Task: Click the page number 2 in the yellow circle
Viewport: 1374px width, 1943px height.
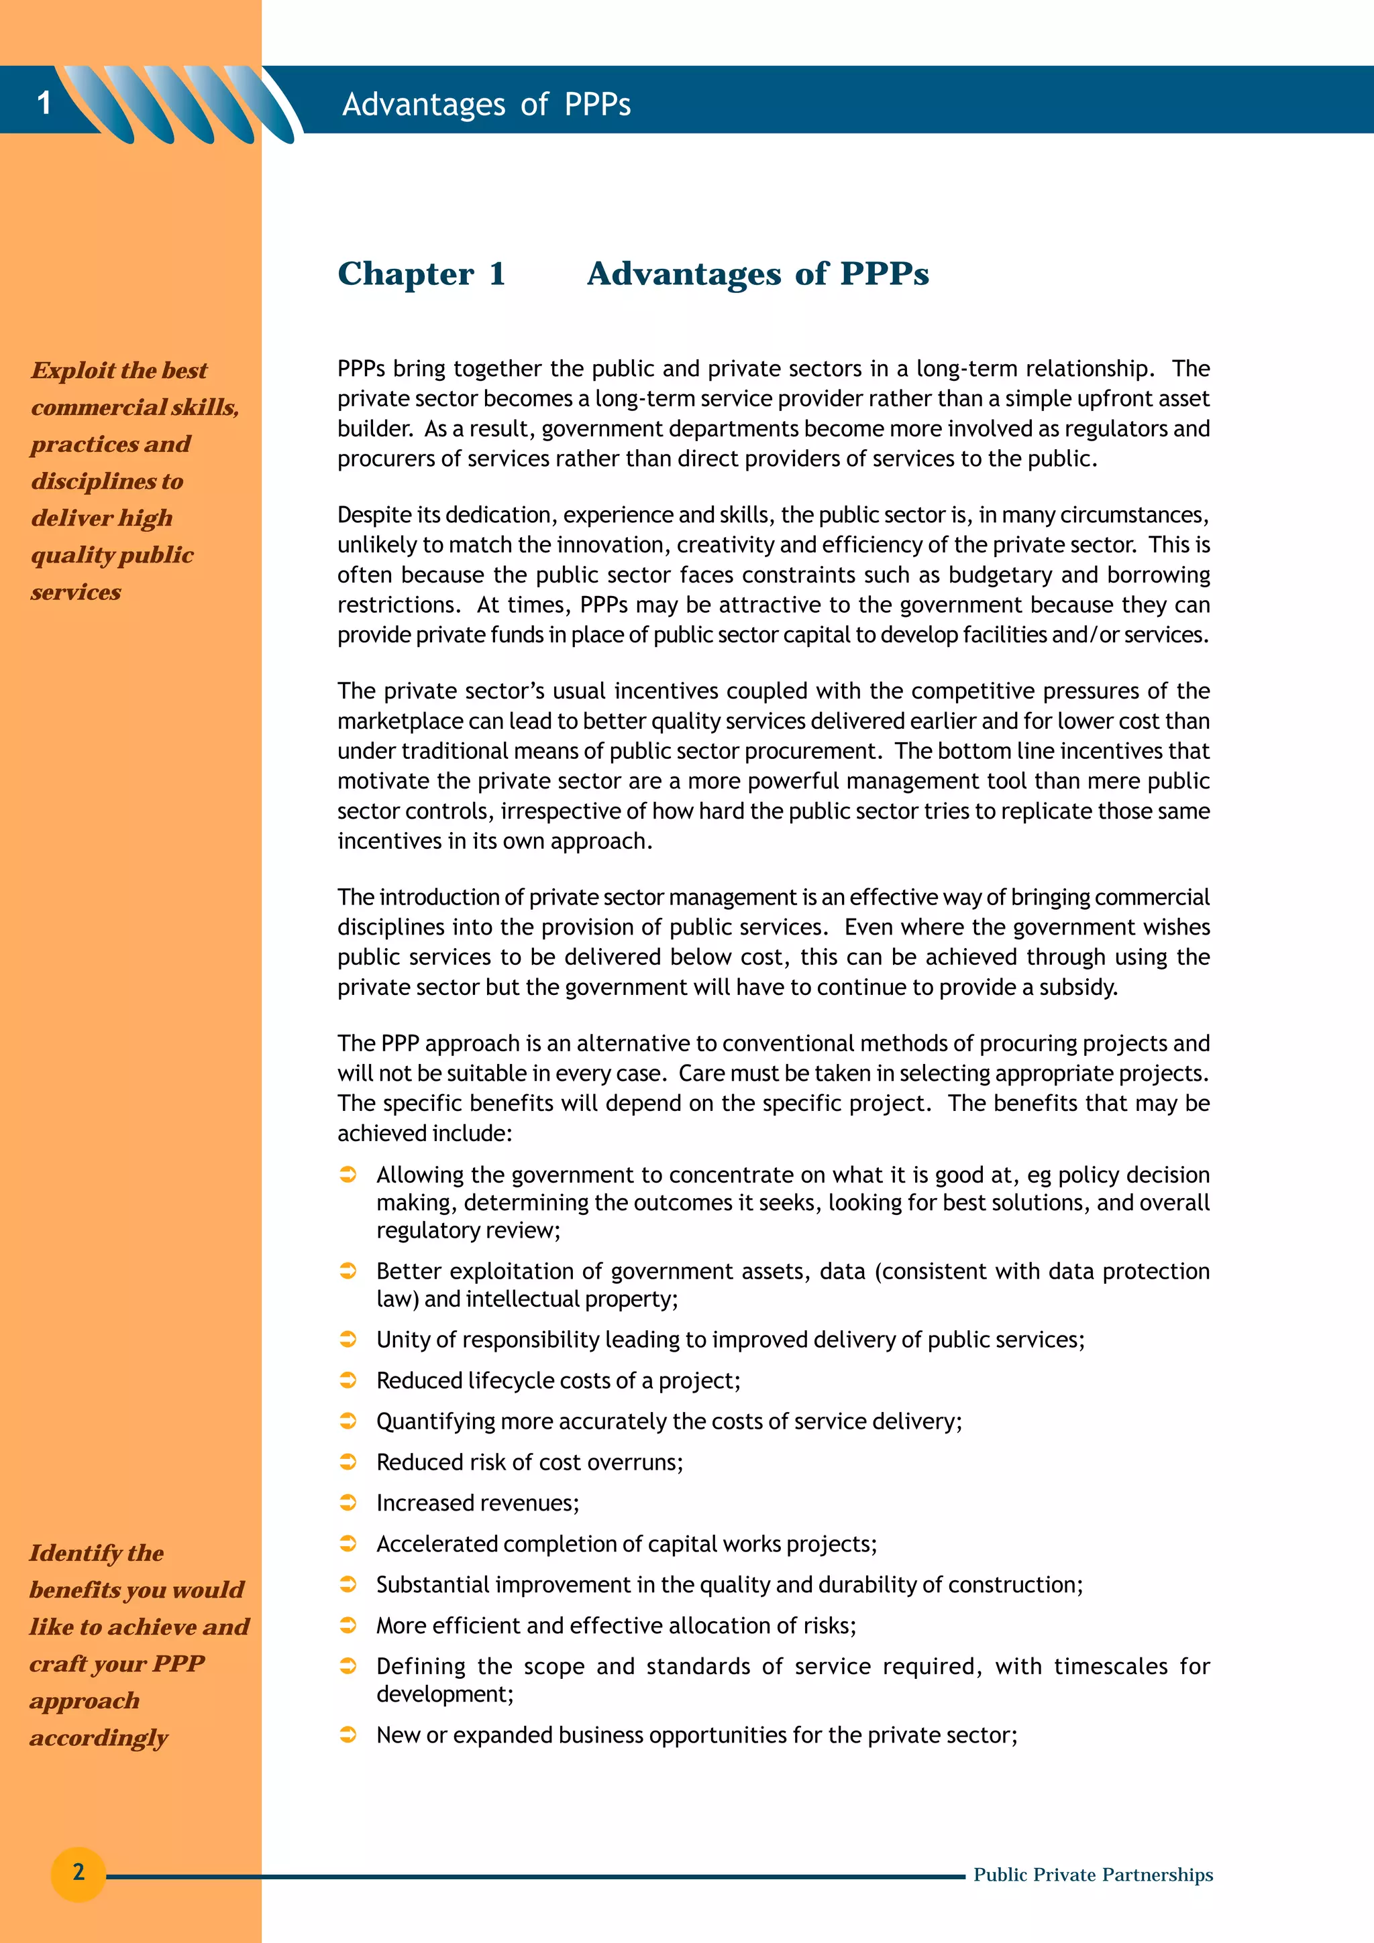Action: (x=78, y=1871)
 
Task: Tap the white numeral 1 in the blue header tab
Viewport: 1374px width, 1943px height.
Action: (x=44, y=103)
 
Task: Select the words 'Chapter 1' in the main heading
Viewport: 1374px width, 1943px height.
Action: (x=421, y=274)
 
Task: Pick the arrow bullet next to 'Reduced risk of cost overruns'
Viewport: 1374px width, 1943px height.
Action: (x=348, y=1462)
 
